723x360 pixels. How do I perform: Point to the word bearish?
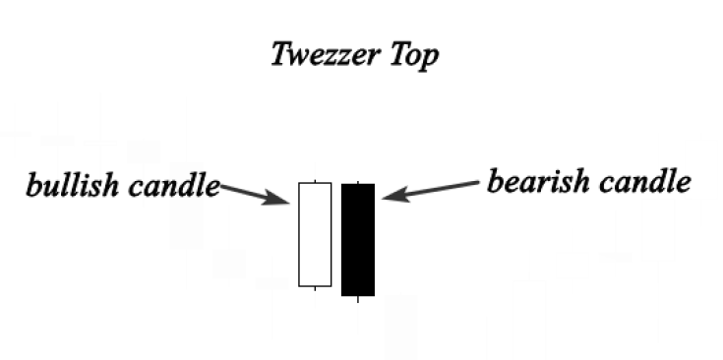pyautogui.click(x=535, y=182)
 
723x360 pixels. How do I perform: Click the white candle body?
pyautogui.click(x=315, y=234)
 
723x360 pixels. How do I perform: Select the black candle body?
pyautogui.click(x=358, y=239)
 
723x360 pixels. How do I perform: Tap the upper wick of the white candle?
pyautogui.click(x=315, y=181)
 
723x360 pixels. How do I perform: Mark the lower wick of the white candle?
pyautogui.click(x=315, y=288)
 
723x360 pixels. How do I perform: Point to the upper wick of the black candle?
pyautogui.click(x=358, y=182)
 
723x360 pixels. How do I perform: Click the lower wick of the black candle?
pyautogui.click(x=358, y=298)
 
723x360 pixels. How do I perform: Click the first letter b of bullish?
pyautogui.click(x=33, y=186)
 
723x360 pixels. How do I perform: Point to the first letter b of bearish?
pyautogui.click(x=495, y=182)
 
